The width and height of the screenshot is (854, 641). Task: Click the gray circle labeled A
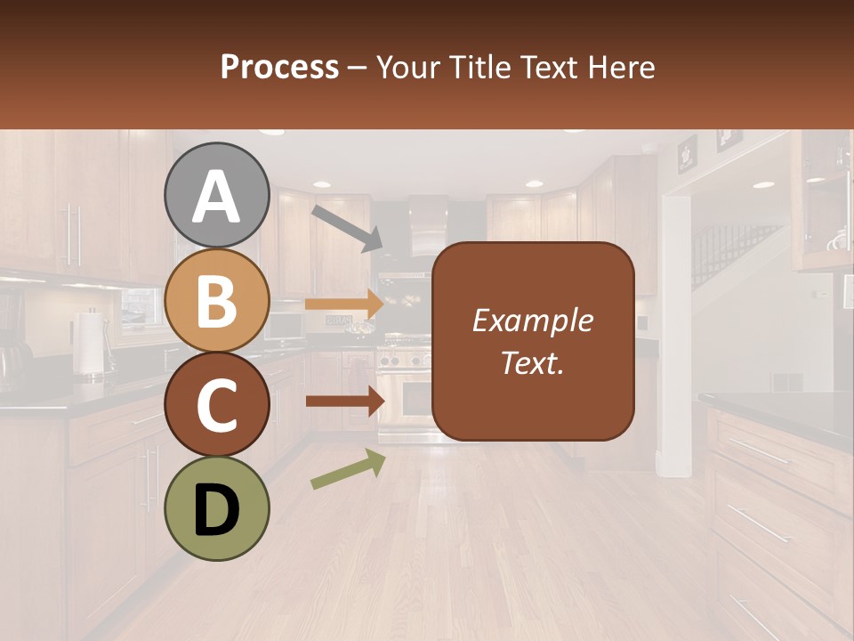point(216,195)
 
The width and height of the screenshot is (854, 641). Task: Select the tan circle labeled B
point(216,300)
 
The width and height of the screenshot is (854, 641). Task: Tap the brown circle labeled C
point(216,404)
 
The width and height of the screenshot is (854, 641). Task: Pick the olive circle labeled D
point(216,507)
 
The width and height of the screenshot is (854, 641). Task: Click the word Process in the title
point(279,67)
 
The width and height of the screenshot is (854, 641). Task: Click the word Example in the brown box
point(532,320)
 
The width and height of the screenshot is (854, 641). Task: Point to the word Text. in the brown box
point(532,362)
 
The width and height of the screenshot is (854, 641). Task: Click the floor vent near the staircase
point(786,381)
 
